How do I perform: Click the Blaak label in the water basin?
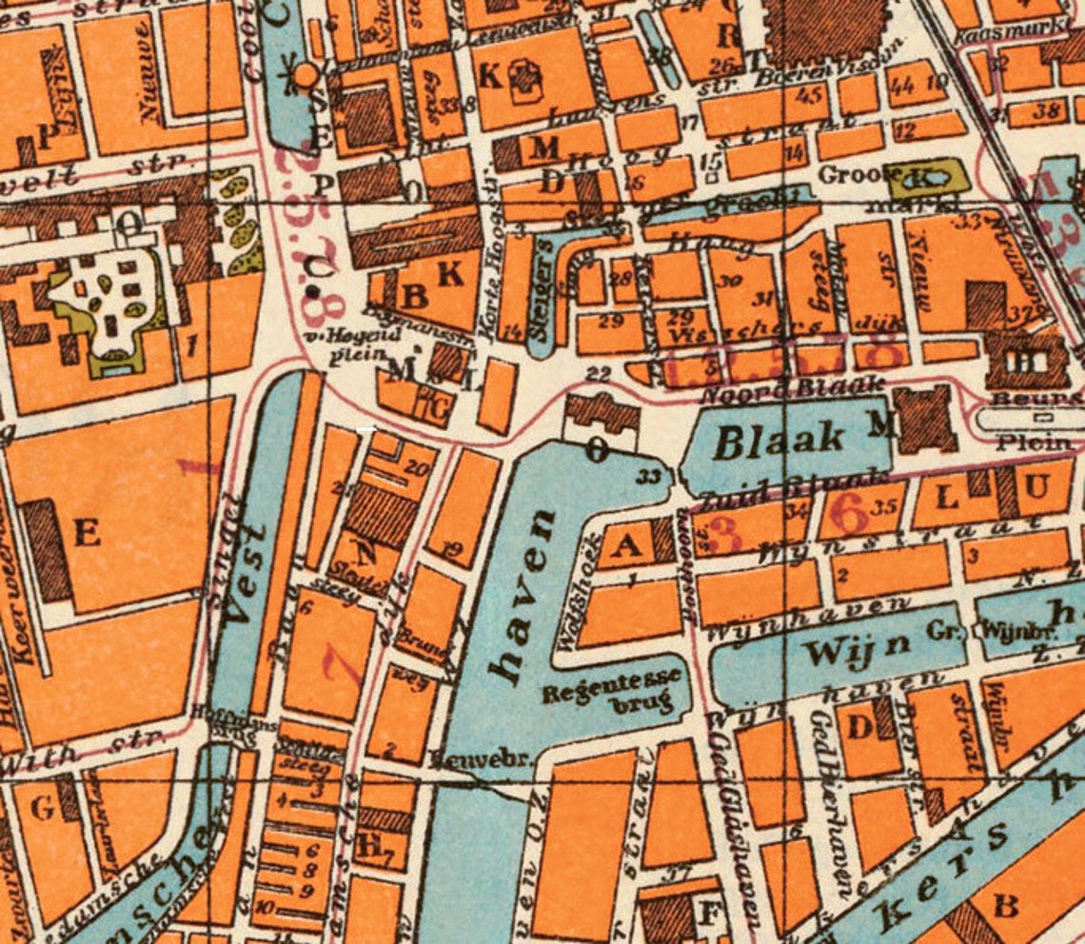pyautogui.click(x=779, y=439)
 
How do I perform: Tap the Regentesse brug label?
pyautogui.click(x=612, y=689)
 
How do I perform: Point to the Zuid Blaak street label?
pyautogui.click(x=795, y=485)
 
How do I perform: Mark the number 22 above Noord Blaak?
pyautogui.click(x=598, y=375)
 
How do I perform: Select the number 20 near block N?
pyautogui.click(x=416, y=467)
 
